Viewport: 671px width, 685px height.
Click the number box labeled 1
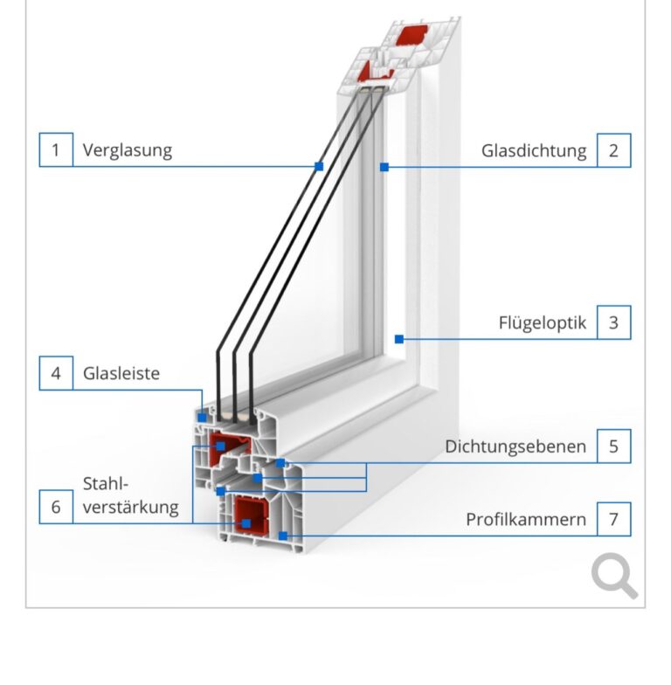click(56, 149)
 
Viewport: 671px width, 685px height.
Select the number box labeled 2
click(613, 149)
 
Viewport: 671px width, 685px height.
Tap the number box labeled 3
click(613, 322)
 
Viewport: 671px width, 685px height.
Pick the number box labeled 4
click(56, 373)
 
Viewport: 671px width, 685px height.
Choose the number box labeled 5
click(613, 446)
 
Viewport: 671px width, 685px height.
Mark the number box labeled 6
click(56, 507)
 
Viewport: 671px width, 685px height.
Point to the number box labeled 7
click(613, 519)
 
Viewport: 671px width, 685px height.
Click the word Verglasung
click(128, 149)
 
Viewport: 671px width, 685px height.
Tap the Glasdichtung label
click(534, 150)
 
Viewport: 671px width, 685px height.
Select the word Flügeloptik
click(542, 323)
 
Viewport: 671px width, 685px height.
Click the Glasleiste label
click(121, 373)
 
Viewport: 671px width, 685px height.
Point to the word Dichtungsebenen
click(515, 446)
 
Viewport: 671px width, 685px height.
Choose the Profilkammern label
click(526, 519)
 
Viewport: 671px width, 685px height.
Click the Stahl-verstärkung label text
click(130, 495)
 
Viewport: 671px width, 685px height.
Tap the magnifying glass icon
click(614, 577)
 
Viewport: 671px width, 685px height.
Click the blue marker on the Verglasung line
click(320, 166)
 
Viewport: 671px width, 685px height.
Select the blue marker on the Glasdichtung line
click(384, 166)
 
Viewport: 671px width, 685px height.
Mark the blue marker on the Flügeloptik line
click(398, 338)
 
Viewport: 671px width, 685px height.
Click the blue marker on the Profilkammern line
click(282, 535)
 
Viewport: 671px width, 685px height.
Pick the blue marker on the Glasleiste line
click(203, 418)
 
